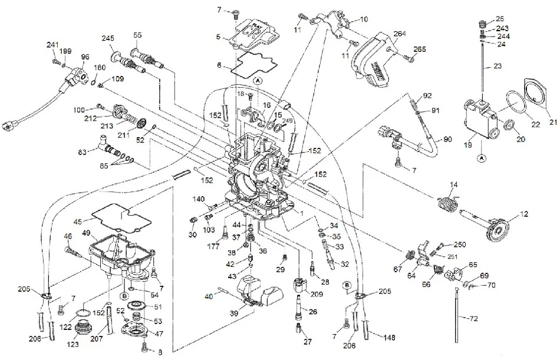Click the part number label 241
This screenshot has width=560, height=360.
coord(54,45)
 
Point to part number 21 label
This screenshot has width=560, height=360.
coord(552,122)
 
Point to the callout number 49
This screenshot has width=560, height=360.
coord(86,234)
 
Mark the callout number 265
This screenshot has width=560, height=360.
coord(419,49)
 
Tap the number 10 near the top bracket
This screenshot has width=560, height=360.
coord(364,19)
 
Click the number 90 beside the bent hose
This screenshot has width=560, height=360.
coord(447,139)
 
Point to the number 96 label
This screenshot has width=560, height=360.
coord(85,57)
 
